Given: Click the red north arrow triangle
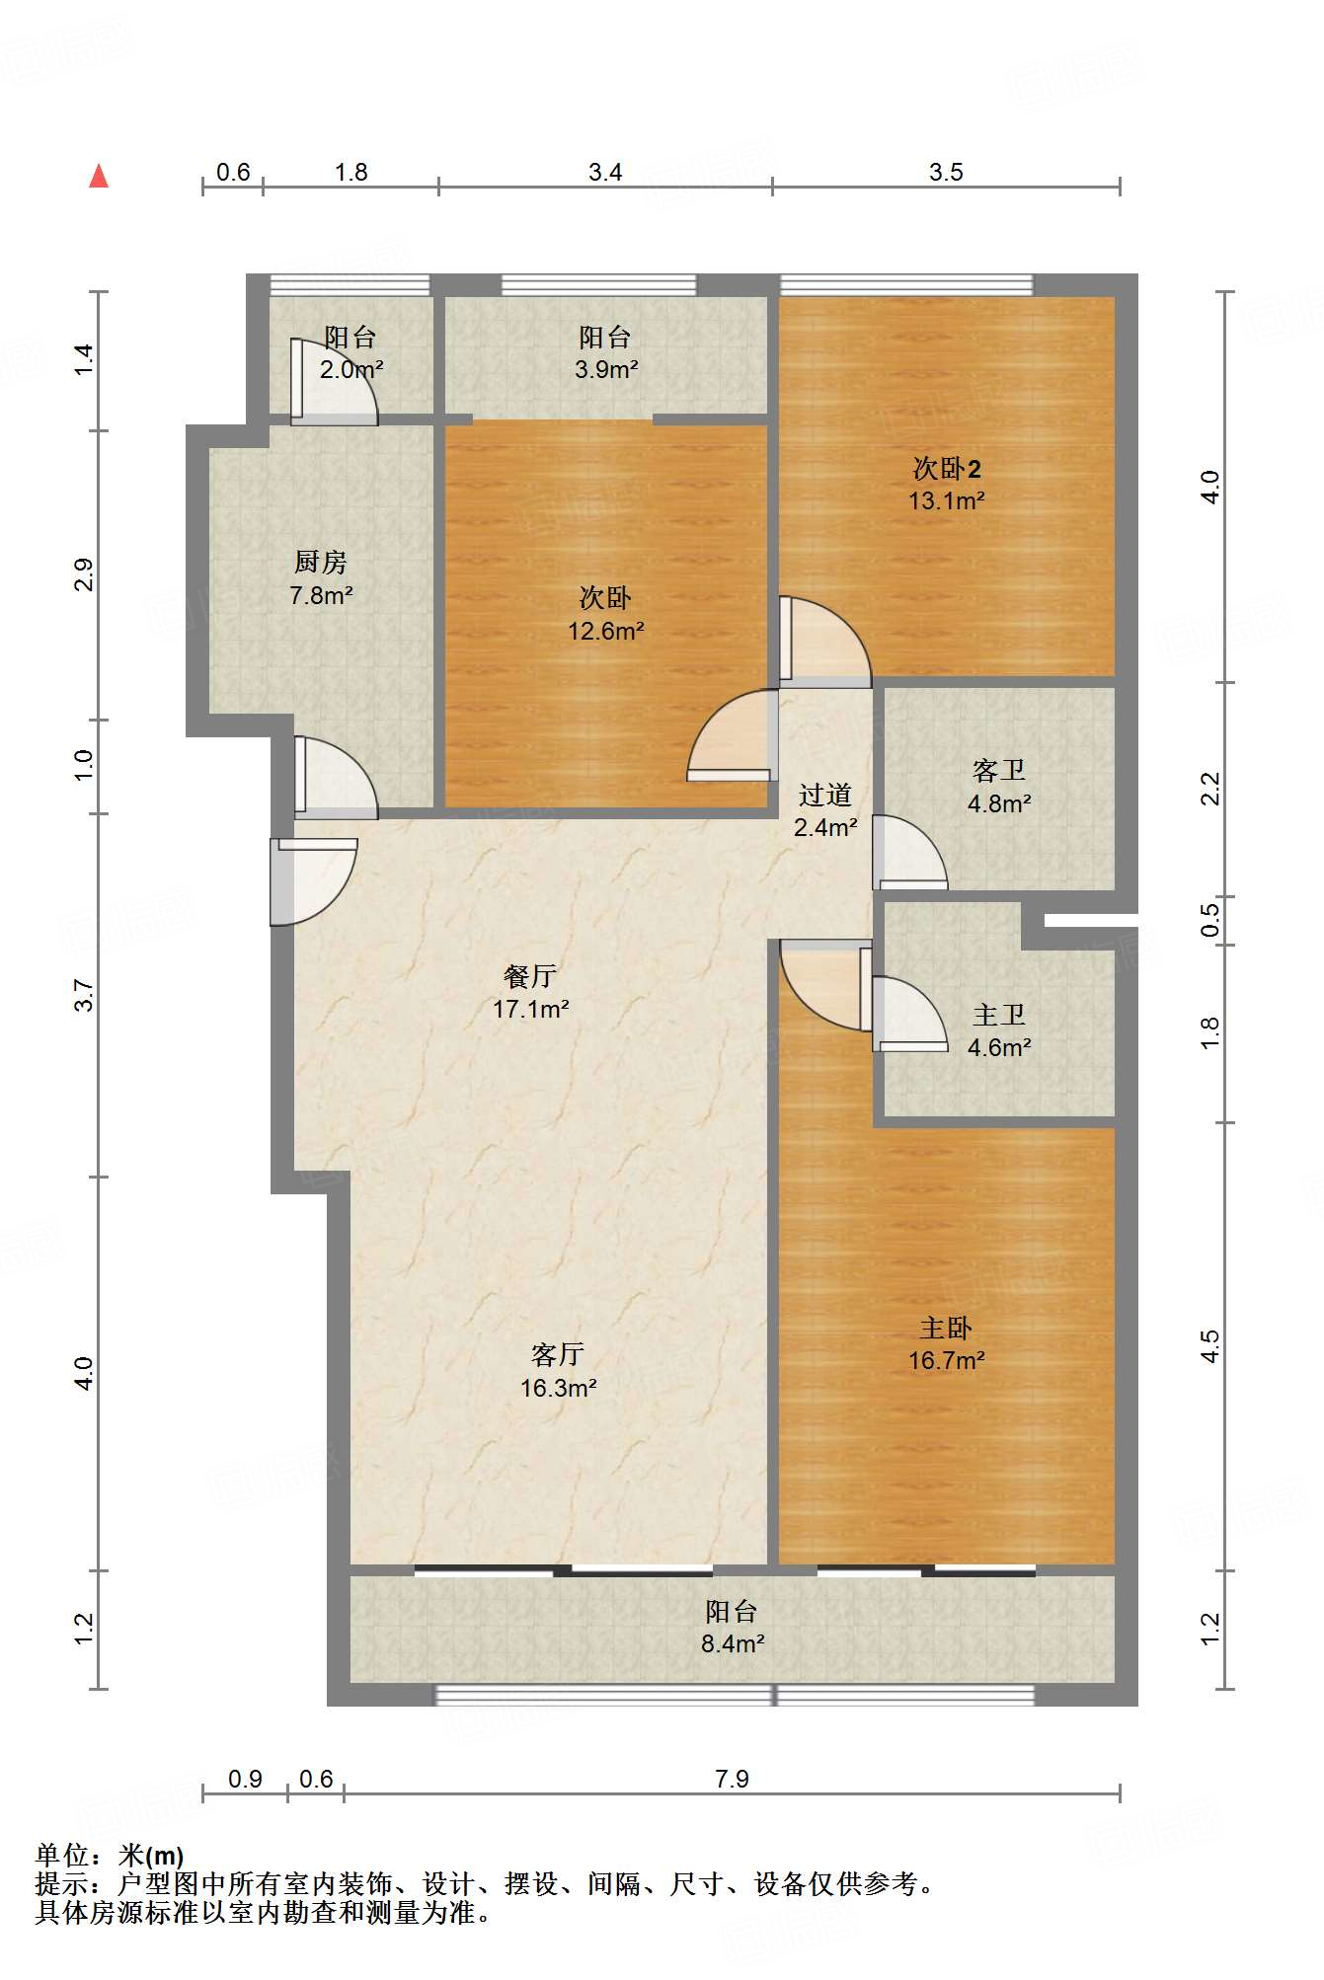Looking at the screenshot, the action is coord(99,177).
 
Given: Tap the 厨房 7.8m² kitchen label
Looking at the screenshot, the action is coord(321,578).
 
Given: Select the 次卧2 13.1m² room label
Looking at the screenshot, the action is coord(946,484).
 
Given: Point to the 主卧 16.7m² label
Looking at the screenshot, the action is coord(946,1344).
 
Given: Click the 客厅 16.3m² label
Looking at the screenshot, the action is coord(558,1371).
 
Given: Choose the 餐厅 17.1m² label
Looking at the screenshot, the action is coord(530,992).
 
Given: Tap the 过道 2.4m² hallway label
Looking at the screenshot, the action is coord(825,810).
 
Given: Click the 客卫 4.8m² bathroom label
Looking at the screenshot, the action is coord(999,787).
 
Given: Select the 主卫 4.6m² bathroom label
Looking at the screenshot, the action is coord(999,1030).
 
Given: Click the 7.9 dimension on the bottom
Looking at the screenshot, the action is coord(732,1779).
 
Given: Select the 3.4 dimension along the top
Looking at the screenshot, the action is coord(605,172).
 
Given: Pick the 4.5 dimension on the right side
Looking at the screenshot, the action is coord(1210,1346).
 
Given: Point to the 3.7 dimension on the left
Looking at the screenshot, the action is coord(85,995).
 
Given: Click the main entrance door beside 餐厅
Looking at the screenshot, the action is coord(313,882).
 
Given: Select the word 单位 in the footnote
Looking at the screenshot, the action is coord(61,1856).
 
